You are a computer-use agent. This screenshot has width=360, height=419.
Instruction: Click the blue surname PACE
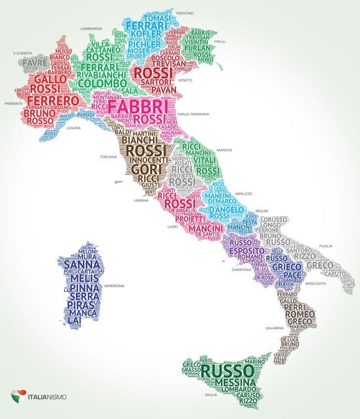[x=292, y=274]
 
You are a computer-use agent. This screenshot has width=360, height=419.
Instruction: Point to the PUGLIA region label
[x=326, y=246]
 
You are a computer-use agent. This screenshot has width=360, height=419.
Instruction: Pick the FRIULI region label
[x=220, y=41]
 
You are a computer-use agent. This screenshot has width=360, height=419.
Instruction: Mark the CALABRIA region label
[x=274, y=328]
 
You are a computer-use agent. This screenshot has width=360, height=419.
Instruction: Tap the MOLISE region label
[x=262, y=211]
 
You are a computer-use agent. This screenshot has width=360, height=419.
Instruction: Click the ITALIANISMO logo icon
[x=18, y=396]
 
